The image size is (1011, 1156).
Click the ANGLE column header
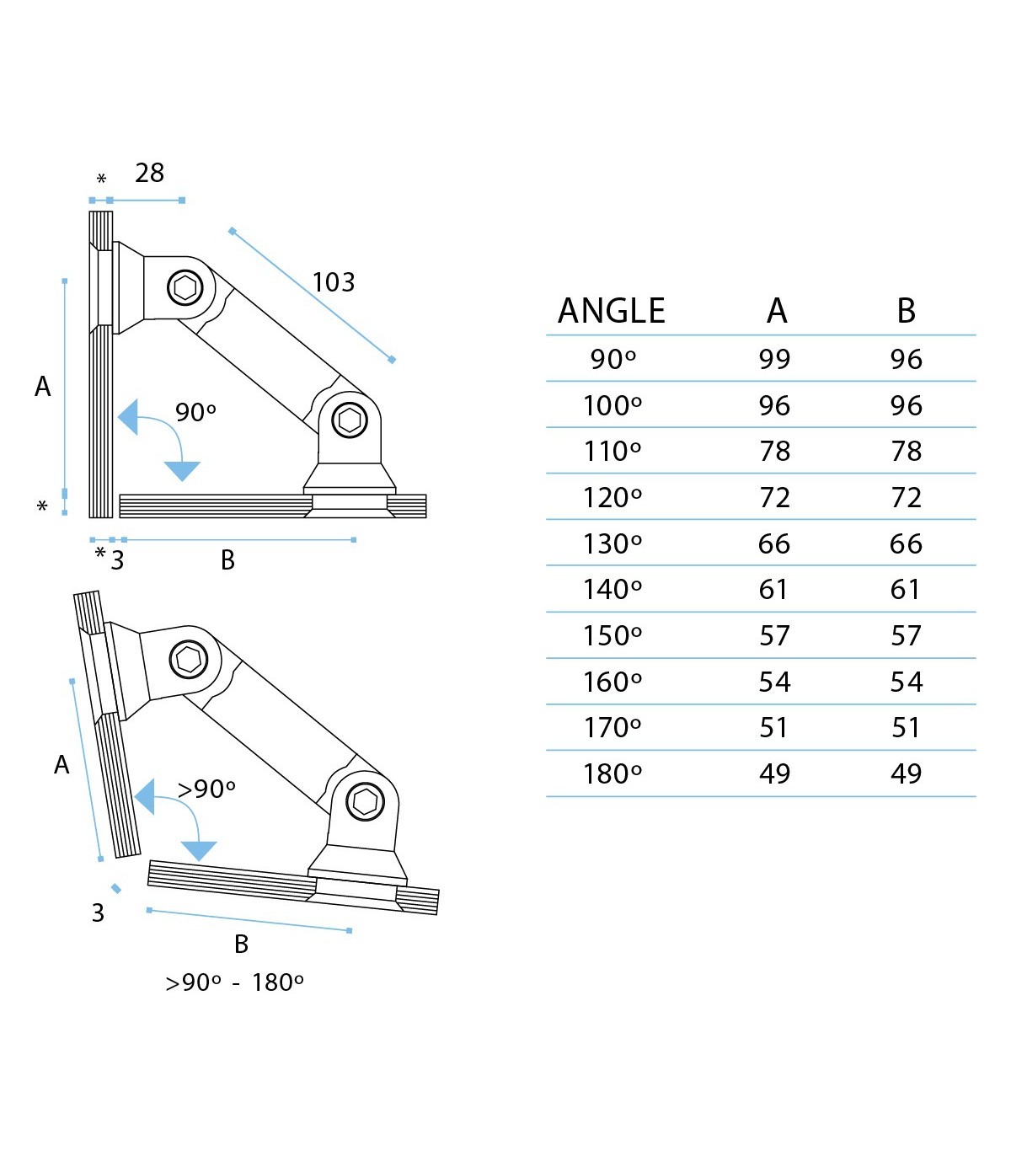[x=612, y=311]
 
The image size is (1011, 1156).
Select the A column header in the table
[x=776, y=311]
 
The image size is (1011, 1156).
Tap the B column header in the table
[x=906, y=311]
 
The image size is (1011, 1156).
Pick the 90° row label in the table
[x=612, y=359]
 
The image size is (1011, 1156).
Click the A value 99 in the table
[x=774, y=359]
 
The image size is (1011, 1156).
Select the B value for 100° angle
[x=906, y=405]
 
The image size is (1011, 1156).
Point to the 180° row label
[x=612, y=773]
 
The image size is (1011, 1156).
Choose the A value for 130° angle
[x=774, y=543]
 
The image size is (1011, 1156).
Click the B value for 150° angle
[x=906, y=635]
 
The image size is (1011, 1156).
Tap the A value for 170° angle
[x=774, y=727]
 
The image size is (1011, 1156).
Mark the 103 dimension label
[x=334, y=282]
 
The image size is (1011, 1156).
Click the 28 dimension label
[x=149, y=173]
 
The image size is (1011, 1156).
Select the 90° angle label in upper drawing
[x=195, y=412]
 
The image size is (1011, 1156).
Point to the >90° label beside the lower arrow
[x=206, y=789]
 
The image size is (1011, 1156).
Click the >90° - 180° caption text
[x=234, y=982]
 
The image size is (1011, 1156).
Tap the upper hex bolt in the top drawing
[x=185, y=288]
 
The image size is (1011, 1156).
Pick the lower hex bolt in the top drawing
[x=350, y=420]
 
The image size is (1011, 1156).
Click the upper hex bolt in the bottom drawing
[x=189, y=659]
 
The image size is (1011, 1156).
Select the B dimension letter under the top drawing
[x=227, y=560]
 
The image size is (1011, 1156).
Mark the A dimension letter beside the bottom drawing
[x=62, y=765]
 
